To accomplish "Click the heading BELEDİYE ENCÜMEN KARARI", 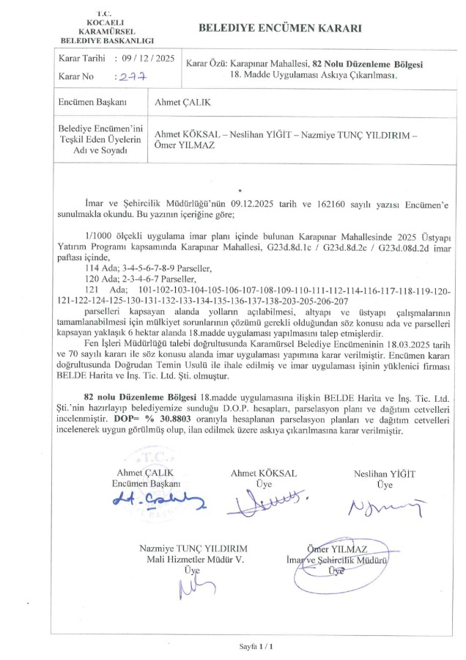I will point(281,29).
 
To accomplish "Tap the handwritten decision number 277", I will point(133,76).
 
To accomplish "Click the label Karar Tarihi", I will point(81,59).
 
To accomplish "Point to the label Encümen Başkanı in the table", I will point(87,103).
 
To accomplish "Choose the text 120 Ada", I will point(99,280).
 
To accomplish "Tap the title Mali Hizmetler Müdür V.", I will point(193,560).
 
